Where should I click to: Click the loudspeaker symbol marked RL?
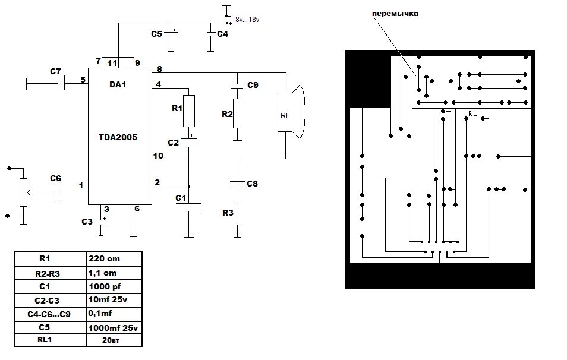tap(291, 112)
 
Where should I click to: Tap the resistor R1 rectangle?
tap(189, 111)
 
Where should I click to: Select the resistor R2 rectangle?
tap(238, 113)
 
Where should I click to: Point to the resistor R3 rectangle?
tap(238, 214)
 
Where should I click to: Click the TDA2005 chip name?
tap(118, 137)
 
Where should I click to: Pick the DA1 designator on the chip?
tap(118, 84)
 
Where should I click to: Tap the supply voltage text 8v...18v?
tap(247, 20)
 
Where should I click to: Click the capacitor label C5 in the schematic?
tap(156, 34)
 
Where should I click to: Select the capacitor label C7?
tap(55, 71)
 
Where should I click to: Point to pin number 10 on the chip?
tap(158, 156)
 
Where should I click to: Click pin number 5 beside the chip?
tap(83, 80)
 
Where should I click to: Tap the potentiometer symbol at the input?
tap(24, 192)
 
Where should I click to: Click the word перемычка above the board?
tap(396, 14)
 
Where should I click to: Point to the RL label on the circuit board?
tap(472, 114)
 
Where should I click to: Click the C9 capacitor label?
tap(253, 85)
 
